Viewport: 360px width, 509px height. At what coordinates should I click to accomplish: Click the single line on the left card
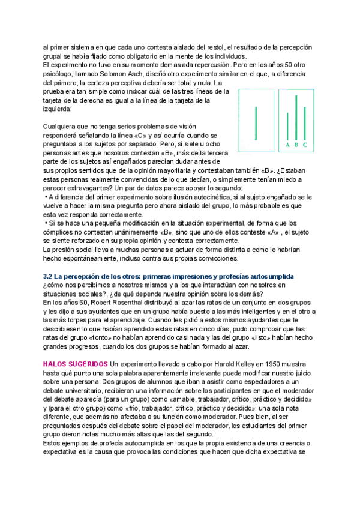[x=256, y=122]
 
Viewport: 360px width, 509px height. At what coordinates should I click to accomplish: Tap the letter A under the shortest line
[x=287, y=145]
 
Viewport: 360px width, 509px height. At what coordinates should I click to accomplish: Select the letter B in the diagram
[x=296, y=145]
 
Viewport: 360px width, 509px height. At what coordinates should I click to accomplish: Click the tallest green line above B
[x=296, y=117]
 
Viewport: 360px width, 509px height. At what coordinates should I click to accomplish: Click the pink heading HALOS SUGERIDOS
[x=76, y=364]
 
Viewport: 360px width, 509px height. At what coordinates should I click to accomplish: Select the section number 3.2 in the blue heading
[x=49, y=275]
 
